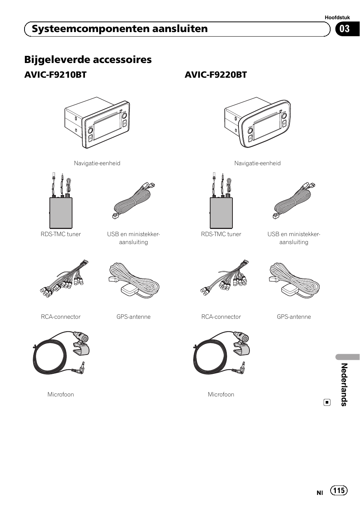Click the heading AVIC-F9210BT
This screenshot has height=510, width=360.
(55, 75)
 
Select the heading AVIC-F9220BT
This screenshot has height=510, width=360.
(215, 75)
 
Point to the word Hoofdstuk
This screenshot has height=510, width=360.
(337, 17)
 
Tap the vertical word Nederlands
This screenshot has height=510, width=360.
(344, 384)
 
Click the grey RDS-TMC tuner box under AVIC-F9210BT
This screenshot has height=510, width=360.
(61, 213)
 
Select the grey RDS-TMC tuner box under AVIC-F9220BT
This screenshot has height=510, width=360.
(221, 213)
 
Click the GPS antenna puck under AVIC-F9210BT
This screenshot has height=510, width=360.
(128, 291)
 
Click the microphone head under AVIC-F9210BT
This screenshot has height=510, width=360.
(81, 337)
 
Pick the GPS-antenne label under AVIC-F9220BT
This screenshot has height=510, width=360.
(294, 317)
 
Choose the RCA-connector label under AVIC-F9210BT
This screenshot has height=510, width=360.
(61, 317)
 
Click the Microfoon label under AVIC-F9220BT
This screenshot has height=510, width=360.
(221, 395)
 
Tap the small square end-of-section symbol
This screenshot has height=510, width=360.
(327, 402)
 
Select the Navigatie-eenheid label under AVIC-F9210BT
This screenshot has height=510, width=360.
(97, 163)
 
